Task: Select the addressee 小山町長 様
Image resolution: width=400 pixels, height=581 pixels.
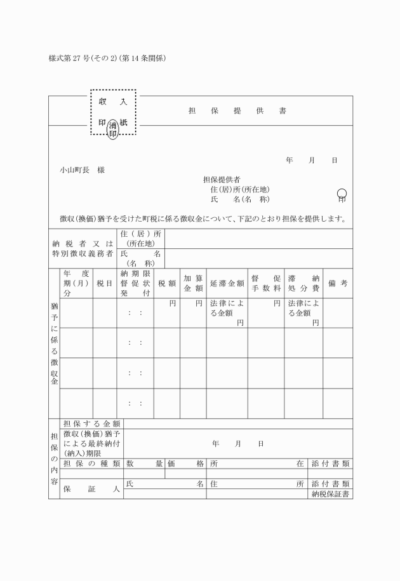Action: point(83,170)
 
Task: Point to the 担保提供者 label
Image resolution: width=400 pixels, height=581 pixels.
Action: point(221,180)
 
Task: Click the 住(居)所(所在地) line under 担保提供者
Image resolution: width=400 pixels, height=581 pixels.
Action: point(239,189)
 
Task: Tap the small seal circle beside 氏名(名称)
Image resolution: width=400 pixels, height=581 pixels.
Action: point(342,193)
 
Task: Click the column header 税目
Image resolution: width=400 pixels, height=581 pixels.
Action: point(104,284)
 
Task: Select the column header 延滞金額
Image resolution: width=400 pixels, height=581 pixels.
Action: point(227,284)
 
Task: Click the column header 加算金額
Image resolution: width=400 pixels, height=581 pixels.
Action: point(192,283)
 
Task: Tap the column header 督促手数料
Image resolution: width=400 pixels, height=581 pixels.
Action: point(265,283)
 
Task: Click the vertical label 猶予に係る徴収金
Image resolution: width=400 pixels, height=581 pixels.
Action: point(54,343)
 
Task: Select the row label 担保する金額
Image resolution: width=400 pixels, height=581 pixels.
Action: point(92,424)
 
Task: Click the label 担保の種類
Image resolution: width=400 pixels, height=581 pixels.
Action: point(92,464)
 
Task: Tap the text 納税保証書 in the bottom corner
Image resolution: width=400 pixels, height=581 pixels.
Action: point(331,493)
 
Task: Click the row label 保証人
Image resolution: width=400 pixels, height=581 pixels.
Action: point(92,489)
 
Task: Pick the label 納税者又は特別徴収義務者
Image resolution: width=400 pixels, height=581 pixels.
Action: point(83,248)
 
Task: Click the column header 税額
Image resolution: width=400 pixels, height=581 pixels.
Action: point(166,284)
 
